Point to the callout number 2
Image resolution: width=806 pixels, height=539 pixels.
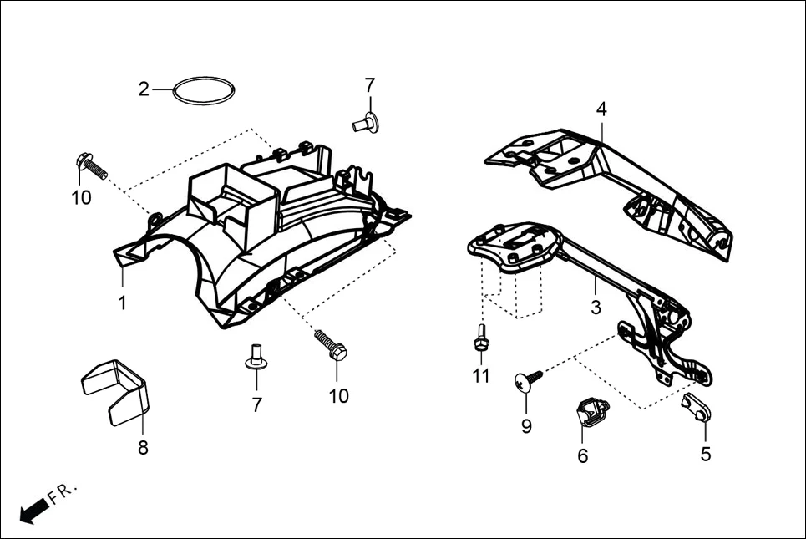click(x=144, y=89)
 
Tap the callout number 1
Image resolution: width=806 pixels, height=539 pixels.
click(x=123, y=303)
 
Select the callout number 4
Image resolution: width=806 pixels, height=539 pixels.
click(x=601, y=109)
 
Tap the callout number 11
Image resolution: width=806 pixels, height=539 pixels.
click(x=481, y=376)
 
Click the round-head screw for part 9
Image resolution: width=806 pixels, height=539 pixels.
click(x=528, y=381)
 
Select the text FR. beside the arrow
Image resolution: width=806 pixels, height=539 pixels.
click(x=62, y=492)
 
